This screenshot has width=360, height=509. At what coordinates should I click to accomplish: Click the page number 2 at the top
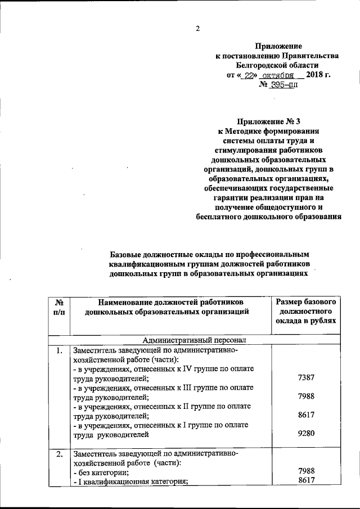tap(197, 29)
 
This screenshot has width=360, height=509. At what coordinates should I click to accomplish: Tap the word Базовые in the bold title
tap(129, 255)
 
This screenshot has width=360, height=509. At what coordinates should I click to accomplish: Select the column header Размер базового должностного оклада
tap(306, 310)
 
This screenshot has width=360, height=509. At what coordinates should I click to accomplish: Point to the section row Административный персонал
tap(193, 340)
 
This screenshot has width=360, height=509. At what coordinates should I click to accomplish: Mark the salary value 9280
tap(306, 434)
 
